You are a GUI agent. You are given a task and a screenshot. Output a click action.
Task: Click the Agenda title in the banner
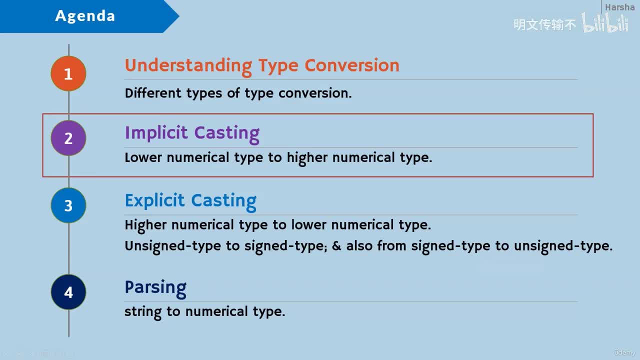click(x=85, y=16)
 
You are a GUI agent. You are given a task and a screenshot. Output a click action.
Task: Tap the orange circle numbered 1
click(x=68, y=73)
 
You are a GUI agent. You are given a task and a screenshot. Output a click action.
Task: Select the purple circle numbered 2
click(x=68, y=138)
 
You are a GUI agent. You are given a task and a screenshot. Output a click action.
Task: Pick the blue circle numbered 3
click(x=68, y=205)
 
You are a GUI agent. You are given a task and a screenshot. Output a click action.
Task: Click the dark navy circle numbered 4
click(x=68, y=292)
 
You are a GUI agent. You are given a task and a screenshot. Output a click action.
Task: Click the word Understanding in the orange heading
click(x=188, y=66)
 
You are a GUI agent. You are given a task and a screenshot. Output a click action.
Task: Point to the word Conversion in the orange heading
click(x=352, y=65)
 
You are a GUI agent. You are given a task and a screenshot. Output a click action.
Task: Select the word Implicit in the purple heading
click(x=156, y=133)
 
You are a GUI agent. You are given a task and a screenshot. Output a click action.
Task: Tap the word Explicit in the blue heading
click(x=154, y=201)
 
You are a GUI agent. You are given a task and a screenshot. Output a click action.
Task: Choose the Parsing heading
click(x=155, y=288)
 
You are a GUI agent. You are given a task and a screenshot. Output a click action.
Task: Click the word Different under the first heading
click(x=153, y=93)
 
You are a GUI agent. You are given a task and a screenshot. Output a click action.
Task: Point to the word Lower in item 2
click(x=143, y=157)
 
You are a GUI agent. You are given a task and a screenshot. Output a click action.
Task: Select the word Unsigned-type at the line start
click(x=173, y=246)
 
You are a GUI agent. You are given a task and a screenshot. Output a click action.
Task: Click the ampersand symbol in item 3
click(x=336, y=246)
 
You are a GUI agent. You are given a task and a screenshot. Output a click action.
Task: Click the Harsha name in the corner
click(x=619, y=7)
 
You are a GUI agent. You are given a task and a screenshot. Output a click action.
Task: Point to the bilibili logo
click(x=605, y=22)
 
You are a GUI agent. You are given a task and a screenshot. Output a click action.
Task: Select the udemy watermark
click(x=624, y=352)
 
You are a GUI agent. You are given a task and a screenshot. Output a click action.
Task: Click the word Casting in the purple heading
click(x=227, y=133)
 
